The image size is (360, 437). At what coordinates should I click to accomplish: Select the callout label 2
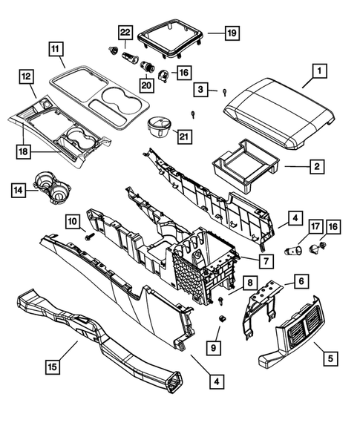pyautogui.click(x=317, y=168)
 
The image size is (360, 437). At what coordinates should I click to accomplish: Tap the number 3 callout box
pyautogui.click(x=202, y=90)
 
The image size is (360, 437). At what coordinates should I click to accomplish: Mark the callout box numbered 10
pyautogui.click(x=73, y=220)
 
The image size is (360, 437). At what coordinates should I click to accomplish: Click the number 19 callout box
pyautogui.click(x=232, y=33)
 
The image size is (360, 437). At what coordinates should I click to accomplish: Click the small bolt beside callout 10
pyautogui.click(x=91, y=236)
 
